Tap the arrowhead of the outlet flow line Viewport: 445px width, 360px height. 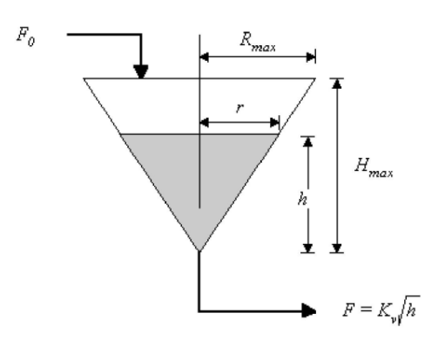click(307, 310)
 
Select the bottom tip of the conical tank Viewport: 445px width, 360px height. click(199, 252)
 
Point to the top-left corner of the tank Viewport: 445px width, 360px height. click(84, 79)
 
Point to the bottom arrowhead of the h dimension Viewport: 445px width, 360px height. click(307, 248)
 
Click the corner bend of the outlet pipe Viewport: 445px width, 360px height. click(199, 310)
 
